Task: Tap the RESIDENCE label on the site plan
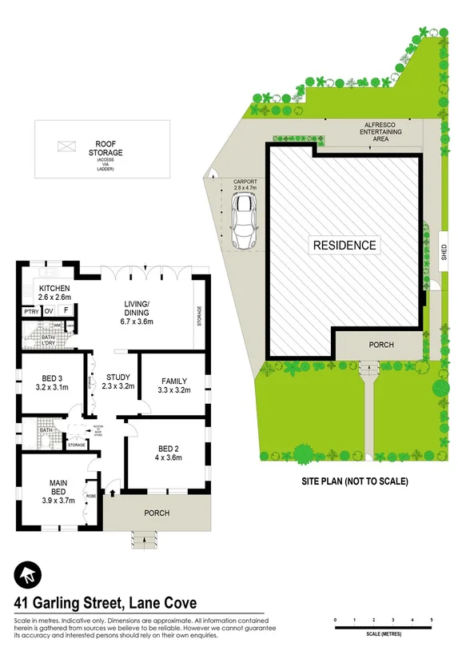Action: pos(344,245)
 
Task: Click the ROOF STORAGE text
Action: pos(106,147)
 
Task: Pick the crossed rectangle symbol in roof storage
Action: pos(66,146)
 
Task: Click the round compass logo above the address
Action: pos(27,574)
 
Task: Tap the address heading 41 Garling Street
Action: pos(106,603)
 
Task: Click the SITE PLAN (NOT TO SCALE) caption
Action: pos(354,481)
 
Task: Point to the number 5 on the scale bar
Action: pos(432,620)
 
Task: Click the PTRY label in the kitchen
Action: pos(31,311)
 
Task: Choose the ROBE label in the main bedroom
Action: pos(90,496)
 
